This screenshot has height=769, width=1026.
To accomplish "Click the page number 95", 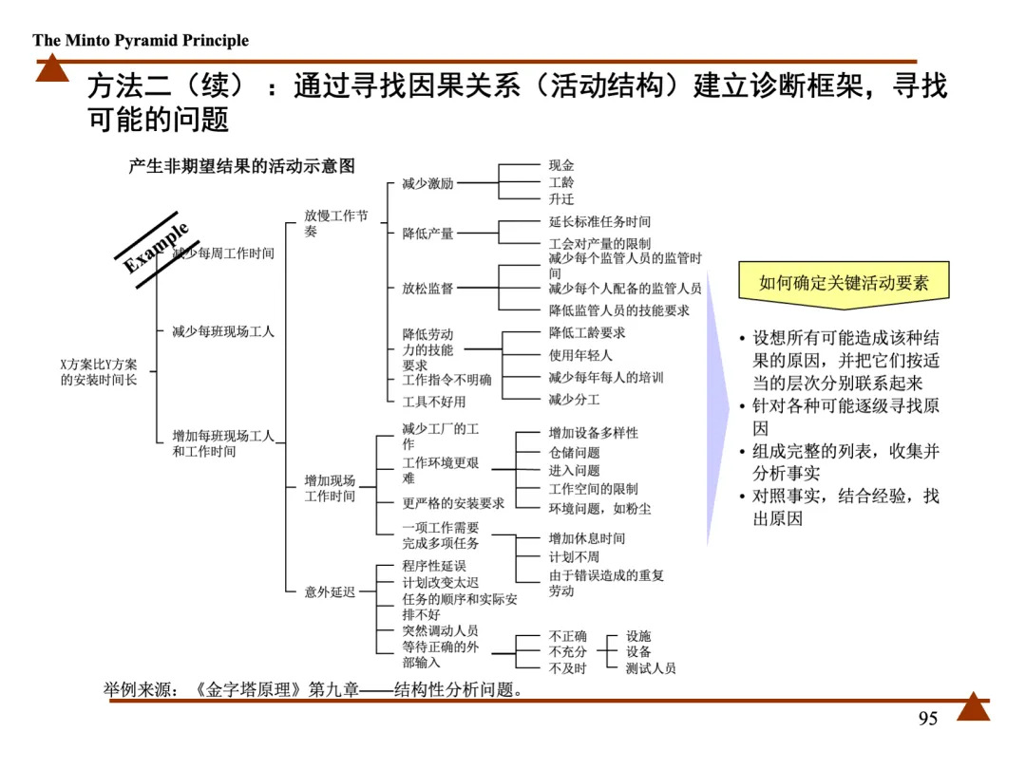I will tap(927, 719).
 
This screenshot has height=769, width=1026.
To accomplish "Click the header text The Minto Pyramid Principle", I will tap(141, 40).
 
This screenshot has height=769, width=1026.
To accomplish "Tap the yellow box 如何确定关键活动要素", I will tap(844, 282).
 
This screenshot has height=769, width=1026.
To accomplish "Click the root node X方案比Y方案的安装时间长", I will tap(99, 372).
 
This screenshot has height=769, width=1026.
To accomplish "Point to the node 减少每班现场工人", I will tap(223, 331).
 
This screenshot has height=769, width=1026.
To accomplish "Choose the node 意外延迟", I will tap(330, 591).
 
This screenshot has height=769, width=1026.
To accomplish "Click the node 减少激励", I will tap(427, 183).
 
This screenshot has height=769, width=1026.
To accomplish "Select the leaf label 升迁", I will tap(561, 199).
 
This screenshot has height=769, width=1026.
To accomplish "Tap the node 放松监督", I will tap(427, 289).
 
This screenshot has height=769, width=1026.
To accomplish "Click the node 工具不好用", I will tap(434, 402).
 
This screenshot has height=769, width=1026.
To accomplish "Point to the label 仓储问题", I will tap(574, 453).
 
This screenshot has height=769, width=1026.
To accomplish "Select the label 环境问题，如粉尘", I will tap(599, 508).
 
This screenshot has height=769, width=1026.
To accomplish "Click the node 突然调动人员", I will tap(440, 630).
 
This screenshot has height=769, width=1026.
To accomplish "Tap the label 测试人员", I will tap(651, 668).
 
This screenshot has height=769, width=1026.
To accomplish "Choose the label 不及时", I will tap(567, 668).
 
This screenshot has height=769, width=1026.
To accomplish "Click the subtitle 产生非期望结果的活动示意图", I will tap(241, 166).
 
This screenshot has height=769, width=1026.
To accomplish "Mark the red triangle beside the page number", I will tap(973, 707).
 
